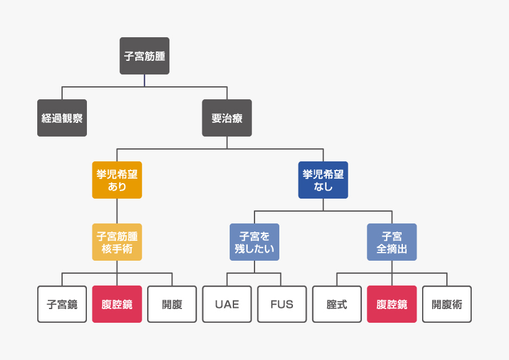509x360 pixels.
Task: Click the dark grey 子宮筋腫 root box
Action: coord(144,56)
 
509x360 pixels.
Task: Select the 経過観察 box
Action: coord(62,118)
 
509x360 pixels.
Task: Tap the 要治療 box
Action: coord(227,118)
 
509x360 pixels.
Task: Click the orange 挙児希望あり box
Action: coord(117,180)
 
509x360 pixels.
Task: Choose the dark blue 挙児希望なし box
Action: coord(323,180)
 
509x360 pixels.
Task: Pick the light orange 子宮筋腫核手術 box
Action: coord(117,242)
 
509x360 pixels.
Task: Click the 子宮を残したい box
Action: coord(254,242)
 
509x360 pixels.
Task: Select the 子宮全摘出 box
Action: coord(392,242)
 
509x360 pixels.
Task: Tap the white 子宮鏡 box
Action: coord(62,304)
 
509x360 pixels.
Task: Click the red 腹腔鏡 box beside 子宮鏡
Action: coord(117,304)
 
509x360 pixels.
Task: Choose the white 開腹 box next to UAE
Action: coord(172,304)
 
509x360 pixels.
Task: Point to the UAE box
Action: coord(227,304)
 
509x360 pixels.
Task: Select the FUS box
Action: coord(282,304)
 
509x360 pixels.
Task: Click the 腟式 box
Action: coord(336,304)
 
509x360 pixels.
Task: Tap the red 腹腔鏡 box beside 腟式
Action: coord(392,304)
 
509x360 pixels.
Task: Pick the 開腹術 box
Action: coord(447,304)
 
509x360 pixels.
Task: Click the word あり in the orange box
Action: coord(117,187)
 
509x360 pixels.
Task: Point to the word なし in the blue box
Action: coord(323,187)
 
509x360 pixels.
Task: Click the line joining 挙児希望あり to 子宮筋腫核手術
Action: coord(117,211)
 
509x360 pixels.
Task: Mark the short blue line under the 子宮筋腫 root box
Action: coord(144,81)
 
